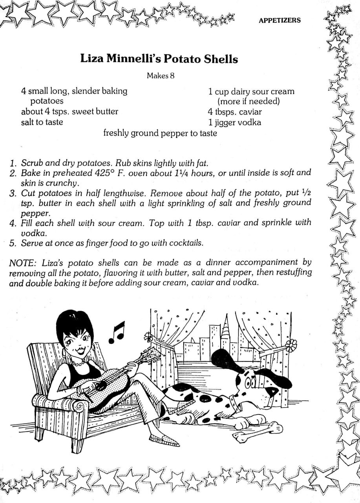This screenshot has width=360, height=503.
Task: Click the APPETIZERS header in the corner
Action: click(x=280, y=20)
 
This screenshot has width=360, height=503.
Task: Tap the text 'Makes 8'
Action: click(x=161, y=75)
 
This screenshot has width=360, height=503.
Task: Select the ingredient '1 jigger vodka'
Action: click(x=234, y=122)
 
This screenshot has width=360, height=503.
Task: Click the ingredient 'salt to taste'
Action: click(x=42, y=122)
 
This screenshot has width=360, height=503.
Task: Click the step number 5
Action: click(x=13, y=243)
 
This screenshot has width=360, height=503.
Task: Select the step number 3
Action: click(x=13, y=193)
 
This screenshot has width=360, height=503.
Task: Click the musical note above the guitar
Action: click(x=117, y=332)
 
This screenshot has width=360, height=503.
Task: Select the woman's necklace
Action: click(x=79, y=363)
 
